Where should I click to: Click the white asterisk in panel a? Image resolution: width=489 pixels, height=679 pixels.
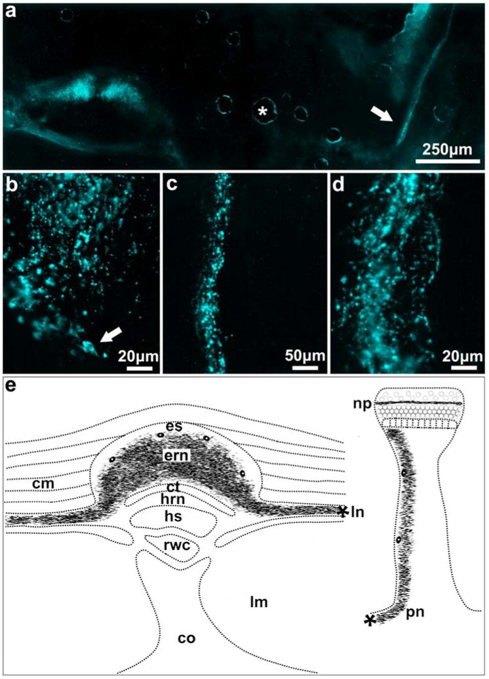click(263, 112)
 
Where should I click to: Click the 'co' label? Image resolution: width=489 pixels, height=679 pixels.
click(188, 636)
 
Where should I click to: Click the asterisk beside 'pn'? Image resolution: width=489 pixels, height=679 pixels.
click(372, 621)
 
